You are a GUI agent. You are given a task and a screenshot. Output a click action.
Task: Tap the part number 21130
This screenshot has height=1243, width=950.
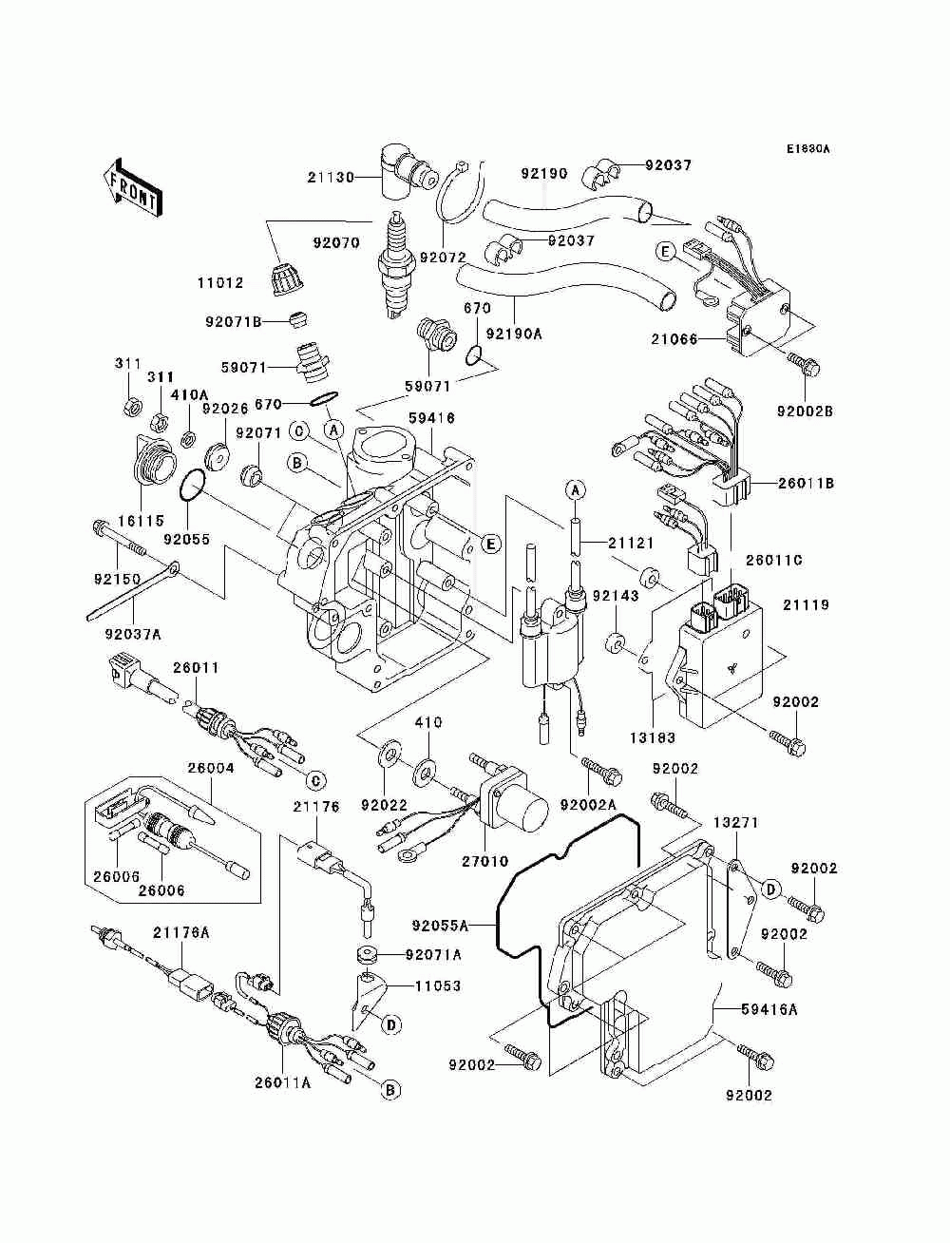click(x=331, y=178)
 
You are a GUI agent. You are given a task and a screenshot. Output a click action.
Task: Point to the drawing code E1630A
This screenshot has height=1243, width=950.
click(x=807, y=149)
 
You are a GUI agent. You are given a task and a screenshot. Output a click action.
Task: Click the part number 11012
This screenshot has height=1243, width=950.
click(x=220, y=282)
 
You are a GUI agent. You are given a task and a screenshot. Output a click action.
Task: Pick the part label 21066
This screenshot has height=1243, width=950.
click(x=674, y=339)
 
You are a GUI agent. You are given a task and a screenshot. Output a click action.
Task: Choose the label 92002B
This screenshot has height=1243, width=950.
click(x=805, y=411)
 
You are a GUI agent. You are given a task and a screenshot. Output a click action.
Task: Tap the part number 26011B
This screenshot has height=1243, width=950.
click(x=806, y=484)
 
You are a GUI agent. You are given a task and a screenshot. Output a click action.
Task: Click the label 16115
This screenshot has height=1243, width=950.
click(x=141, y=520)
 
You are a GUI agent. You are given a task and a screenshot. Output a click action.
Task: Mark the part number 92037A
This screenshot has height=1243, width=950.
click(x=133, y=634)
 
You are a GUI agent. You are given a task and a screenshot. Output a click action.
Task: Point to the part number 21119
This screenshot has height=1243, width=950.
click(x=807, y=604)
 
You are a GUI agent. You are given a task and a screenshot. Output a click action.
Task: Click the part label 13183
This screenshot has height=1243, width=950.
click(x=653, y=737)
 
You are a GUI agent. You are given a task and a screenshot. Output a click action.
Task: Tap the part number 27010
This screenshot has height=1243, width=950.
click(x=485, y=861)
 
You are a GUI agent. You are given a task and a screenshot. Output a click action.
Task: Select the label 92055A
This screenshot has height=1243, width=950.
click(x=441, y=926)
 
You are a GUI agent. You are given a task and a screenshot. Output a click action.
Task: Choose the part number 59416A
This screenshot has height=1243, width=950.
click(x=769, y=1009)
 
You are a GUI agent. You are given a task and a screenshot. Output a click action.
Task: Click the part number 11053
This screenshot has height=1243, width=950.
click(x=438, y=985)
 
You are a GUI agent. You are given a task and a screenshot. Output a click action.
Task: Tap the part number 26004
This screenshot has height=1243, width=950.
click(x=211, y=769)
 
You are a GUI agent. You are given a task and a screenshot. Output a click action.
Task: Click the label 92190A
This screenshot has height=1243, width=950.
click(x=514, y=335)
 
